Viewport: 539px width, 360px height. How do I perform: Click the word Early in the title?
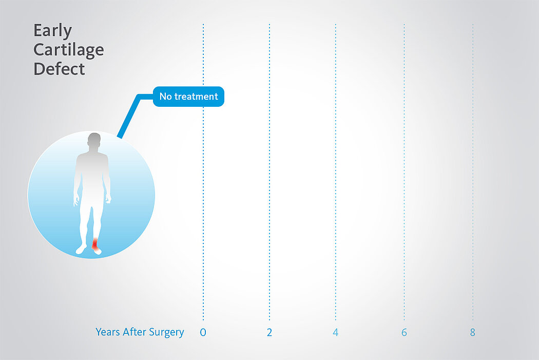click(52, 31)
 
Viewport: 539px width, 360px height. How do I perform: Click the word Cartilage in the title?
click(69, 50)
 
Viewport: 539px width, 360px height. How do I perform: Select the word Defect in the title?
click(59, 69)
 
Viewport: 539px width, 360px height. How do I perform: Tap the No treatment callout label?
click(188, 96)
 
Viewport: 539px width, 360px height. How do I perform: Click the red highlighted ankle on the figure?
click(95, 244)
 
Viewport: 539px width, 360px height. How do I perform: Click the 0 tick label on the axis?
click(203, 332)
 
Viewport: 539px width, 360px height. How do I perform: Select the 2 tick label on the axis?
click(269, 332)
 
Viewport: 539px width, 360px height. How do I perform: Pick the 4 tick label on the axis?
click(336, 332)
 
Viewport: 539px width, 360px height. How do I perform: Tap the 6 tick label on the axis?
click(405, 332)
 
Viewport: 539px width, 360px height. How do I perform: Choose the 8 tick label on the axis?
click(473, 332)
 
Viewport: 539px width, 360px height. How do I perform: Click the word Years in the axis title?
click(108, 332)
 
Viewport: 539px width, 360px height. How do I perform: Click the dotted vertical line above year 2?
click(269, 172)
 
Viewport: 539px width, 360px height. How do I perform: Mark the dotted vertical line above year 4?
click(336, 172)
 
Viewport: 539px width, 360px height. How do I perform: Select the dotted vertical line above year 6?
click(405, 172)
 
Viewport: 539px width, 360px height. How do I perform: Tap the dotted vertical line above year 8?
click(473, 172)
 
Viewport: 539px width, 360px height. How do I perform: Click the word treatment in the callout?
click(196, 96)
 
